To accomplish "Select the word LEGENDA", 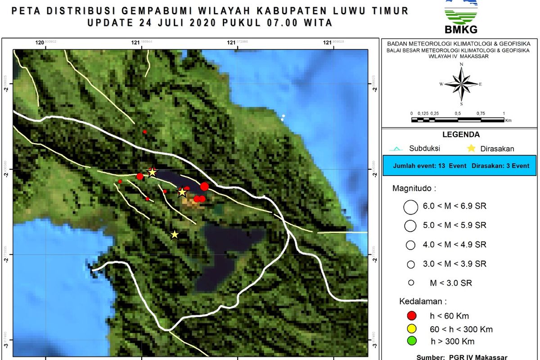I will [x=461, y=135].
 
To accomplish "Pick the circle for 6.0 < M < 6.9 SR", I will [x=411, y=207].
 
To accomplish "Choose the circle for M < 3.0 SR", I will [x=410, y=283].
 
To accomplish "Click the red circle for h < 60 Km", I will [x=410, y=316].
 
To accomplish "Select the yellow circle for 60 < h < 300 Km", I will [x=410, y=328].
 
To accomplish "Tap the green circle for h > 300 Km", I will [x=410, y=341].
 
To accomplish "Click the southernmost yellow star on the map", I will [x=175, y=234].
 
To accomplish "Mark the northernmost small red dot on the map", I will [x=145, y=132].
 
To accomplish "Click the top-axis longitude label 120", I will [x=40, y=43].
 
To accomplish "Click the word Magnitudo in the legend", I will [x=414, y=188].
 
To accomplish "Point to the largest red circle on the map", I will [x=205, y=186].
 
